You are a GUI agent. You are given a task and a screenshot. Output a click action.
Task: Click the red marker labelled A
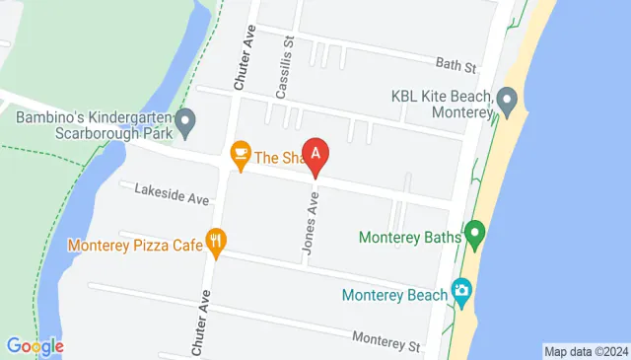315,154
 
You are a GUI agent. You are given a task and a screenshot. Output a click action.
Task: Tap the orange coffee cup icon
239,154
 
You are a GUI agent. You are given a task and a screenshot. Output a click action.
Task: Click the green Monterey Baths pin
475,236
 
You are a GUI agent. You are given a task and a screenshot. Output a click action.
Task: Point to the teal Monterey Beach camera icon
460,291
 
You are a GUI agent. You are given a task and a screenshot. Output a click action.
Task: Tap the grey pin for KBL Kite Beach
508,100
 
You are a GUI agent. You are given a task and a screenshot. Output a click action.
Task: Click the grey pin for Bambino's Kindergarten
184,124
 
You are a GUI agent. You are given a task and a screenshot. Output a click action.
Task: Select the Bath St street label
456,66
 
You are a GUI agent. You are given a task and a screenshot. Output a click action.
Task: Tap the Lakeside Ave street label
172,192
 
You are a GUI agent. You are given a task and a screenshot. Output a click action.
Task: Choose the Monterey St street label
386,341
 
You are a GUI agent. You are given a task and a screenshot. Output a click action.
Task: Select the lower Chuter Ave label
200,324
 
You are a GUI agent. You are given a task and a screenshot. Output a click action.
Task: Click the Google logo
35,346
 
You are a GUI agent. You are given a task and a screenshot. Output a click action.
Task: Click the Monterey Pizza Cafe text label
134,244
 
